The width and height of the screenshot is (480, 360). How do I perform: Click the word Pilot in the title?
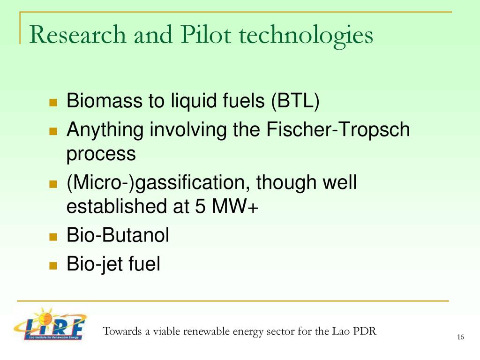click(206, 34)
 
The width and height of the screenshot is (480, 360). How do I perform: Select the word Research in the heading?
click(78, 34)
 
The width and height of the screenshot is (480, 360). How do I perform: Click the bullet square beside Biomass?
click(53, 102)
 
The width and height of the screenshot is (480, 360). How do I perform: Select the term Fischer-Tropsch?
click(338, 129)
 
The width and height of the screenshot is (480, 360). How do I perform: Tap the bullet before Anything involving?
click(53, 131)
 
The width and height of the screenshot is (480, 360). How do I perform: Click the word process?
click(101, 154)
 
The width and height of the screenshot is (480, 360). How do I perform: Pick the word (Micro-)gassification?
click(156, 183)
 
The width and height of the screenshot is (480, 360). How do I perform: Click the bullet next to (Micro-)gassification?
click(53, 184)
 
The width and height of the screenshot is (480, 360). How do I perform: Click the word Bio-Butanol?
click(118, 235)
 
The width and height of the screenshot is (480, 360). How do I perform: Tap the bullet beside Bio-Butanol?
click(53, 237)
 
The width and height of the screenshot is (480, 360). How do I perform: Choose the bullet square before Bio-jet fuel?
click(53, 265)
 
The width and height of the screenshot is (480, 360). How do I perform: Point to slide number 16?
click(460, 337)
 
